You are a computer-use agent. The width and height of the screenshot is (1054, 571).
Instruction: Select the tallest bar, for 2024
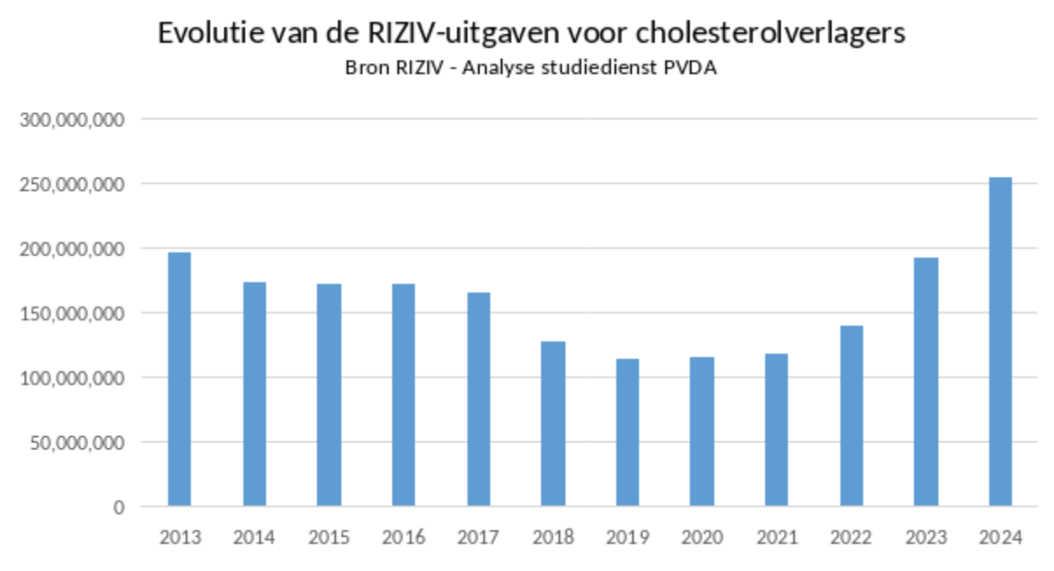pyautogui.click(x=1001, y=342)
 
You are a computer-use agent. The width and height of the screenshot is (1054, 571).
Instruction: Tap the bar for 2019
pyautogui.click(x=628, y=433)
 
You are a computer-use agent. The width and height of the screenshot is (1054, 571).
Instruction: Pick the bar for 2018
pyautogui.click(x=552, y=424)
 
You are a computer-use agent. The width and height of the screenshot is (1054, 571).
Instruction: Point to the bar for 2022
pyautogui.click(x=851, y=416)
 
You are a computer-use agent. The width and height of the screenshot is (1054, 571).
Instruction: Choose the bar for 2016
pyautogui.click(x=404, y=395)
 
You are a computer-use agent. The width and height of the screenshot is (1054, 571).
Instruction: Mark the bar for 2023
pyautogui.click(x=926, y=382)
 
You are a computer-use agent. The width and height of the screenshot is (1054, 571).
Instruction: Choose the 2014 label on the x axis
pyautogui.click(x=255, y=538)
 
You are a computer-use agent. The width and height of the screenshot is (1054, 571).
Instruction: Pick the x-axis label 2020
pyautogui.click(x=702, y=538)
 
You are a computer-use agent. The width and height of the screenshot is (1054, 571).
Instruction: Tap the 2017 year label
pyautogui.click(x=478, y=538)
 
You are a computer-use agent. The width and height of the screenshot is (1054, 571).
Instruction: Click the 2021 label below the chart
pyautogui.click(x=776, y=538)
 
